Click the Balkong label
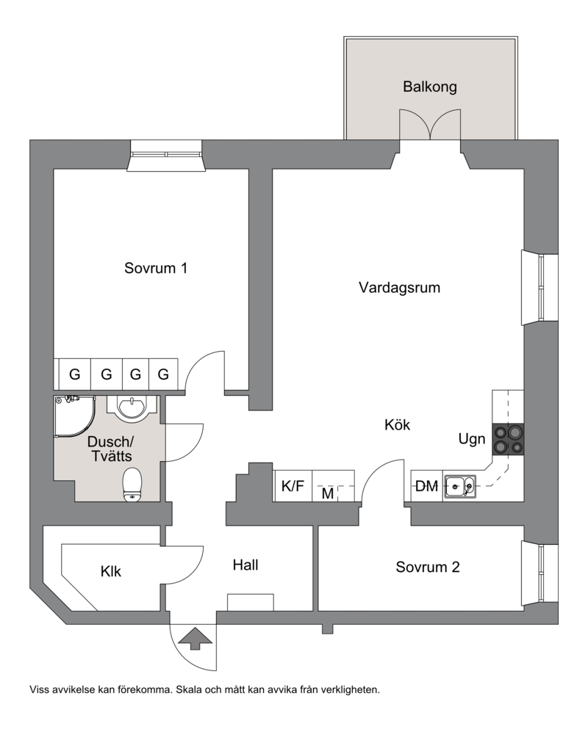pos(429,87)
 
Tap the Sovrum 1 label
pos(156,268)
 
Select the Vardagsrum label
pos(399,288)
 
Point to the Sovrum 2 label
pos(428,567)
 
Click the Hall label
pos(245,565)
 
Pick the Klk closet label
pos(111,571)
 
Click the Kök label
pos(398,425)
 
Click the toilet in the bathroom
pos(132,485)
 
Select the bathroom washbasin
pos(133,407)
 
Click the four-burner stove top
pos(508,439)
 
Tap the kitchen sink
pos(460,488)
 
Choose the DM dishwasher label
pos(426,487)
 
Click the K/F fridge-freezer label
pos(293,486)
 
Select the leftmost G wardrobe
pos(75,374)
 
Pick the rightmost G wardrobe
pos(163,374)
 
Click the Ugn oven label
pos(472,439)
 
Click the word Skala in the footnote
pos(188,689)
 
